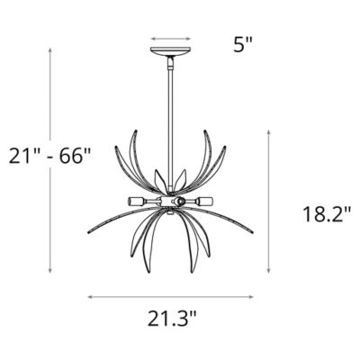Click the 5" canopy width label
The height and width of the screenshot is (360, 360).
tap(243, 45)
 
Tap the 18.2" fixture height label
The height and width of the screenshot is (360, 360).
tap(327, 214)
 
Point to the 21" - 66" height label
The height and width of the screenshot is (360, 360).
tap(49, 156)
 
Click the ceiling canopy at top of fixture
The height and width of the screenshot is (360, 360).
tap(171, 51)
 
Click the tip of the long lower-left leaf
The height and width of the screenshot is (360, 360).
tap(88, 232)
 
